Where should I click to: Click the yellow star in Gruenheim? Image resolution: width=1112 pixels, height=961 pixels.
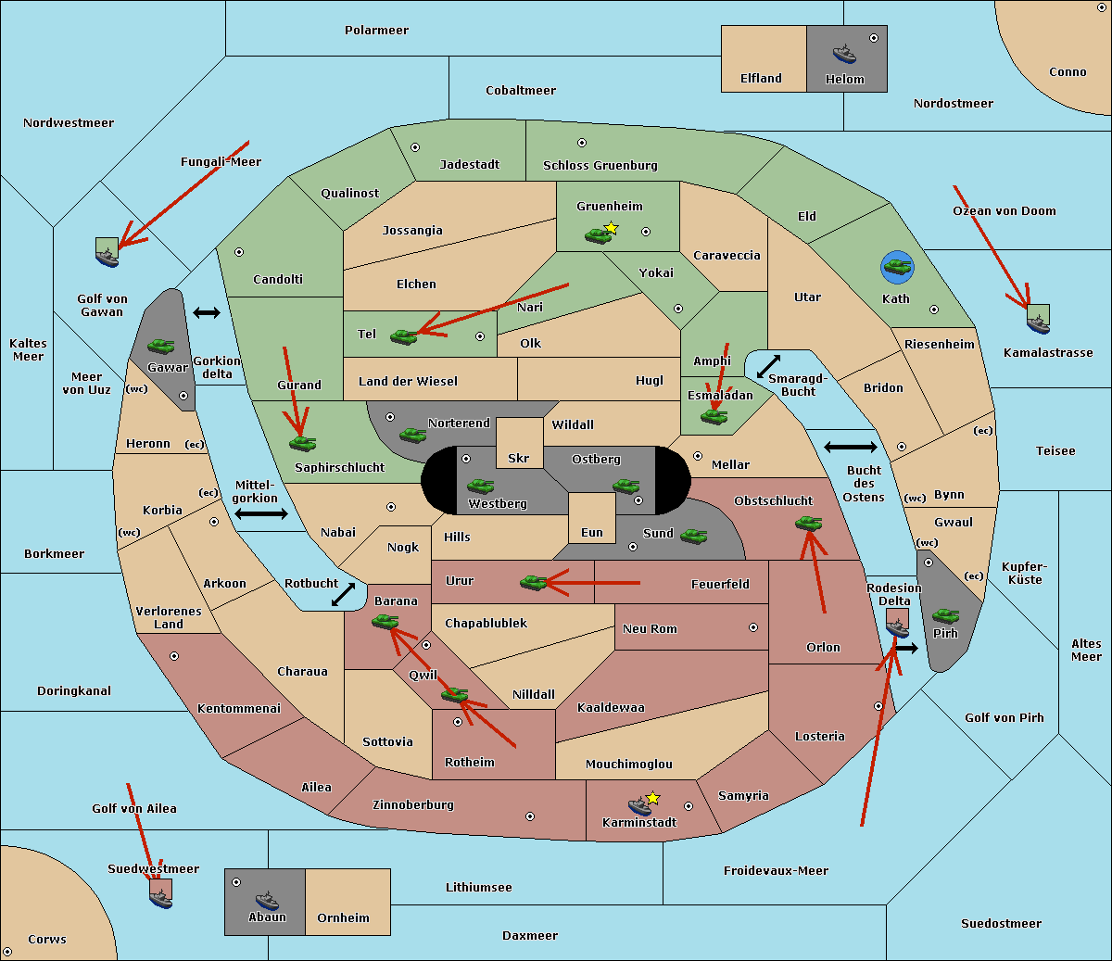611,228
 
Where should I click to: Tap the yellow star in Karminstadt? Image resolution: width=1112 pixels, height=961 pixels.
652,798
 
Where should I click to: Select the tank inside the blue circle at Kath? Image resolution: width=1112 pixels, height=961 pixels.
897,267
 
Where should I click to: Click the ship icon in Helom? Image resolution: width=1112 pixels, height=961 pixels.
843,53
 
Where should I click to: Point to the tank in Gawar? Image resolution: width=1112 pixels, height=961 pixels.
161,346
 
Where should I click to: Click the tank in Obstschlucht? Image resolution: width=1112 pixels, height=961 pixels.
808,524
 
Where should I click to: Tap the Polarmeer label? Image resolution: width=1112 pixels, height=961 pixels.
376,31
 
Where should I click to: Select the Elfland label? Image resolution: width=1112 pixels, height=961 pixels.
761,79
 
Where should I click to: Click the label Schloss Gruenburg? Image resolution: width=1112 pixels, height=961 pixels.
600,166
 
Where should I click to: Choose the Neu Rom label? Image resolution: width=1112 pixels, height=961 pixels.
650,629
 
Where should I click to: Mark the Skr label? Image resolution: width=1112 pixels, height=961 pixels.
519,459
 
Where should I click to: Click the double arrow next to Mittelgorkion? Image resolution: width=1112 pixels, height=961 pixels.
261,514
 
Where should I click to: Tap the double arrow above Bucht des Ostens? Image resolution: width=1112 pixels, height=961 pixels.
850,448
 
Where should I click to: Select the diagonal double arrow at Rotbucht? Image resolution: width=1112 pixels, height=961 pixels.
344,595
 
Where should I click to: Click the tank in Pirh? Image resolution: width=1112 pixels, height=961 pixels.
945,615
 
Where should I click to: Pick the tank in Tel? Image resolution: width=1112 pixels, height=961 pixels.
404,336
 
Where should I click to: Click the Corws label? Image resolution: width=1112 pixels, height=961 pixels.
47,940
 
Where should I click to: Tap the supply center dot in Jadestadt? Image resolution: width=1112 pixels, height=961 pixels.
415,147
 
